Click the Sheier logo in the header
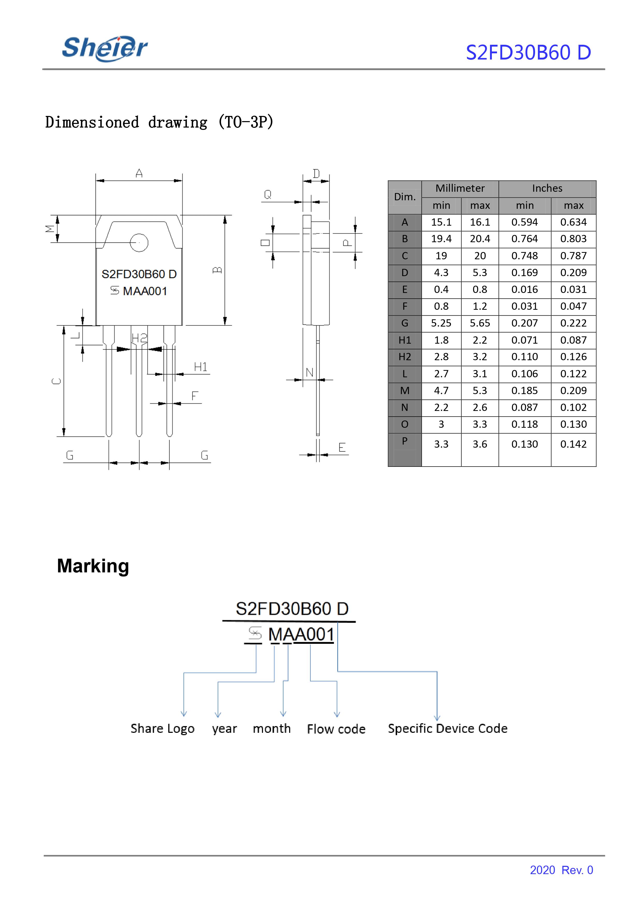point(105,48)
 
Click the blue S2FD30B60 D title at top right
point(528,52)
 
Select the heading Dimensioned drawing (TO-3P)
point(159,122)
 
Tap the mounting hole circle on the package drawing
point(139,243)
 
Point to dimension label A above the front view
point(139,173)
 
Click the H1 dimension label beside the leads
point(201,367)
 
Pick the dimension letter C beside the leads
point(57,381)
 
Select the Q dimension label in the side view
point(268,194)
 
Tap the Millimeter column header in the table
point(460,188)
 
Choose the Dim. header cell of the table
point(405,197)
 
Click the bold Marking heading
point(93,566)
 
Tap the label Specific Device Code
point(447,728)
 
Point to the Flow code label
point(336,729)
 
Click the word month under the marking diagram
point(272,729)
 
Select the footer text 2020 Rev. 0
point(561,870)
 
